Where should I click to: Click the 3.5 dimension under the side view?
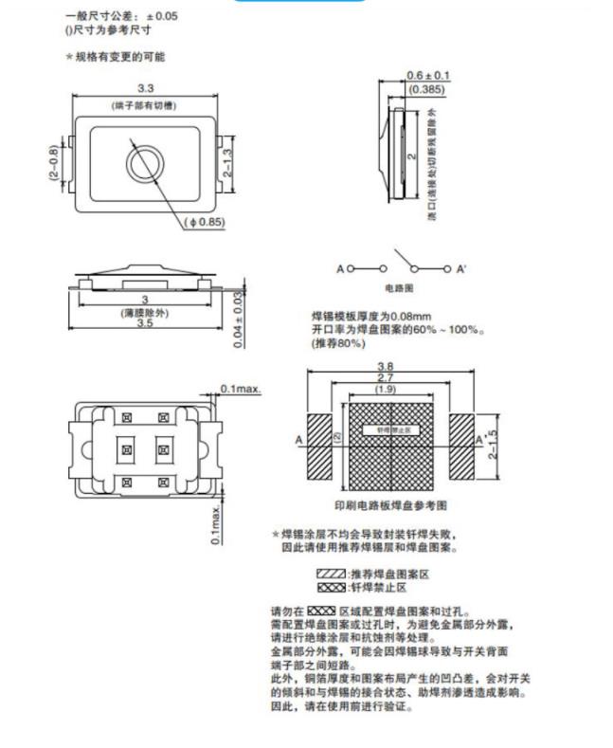(144, 323)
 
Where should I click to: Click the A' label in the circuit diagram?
(461, 269)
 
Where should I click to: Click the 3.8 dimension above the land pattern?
(386, 366)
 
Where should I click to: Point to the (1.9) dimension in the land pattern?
(386, 390)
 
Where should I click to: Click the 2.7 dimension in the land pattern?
(386, 377)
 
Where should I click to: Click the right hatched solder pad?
(461, 447)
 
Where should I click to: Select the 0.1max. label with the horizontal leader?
(241, 389)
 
